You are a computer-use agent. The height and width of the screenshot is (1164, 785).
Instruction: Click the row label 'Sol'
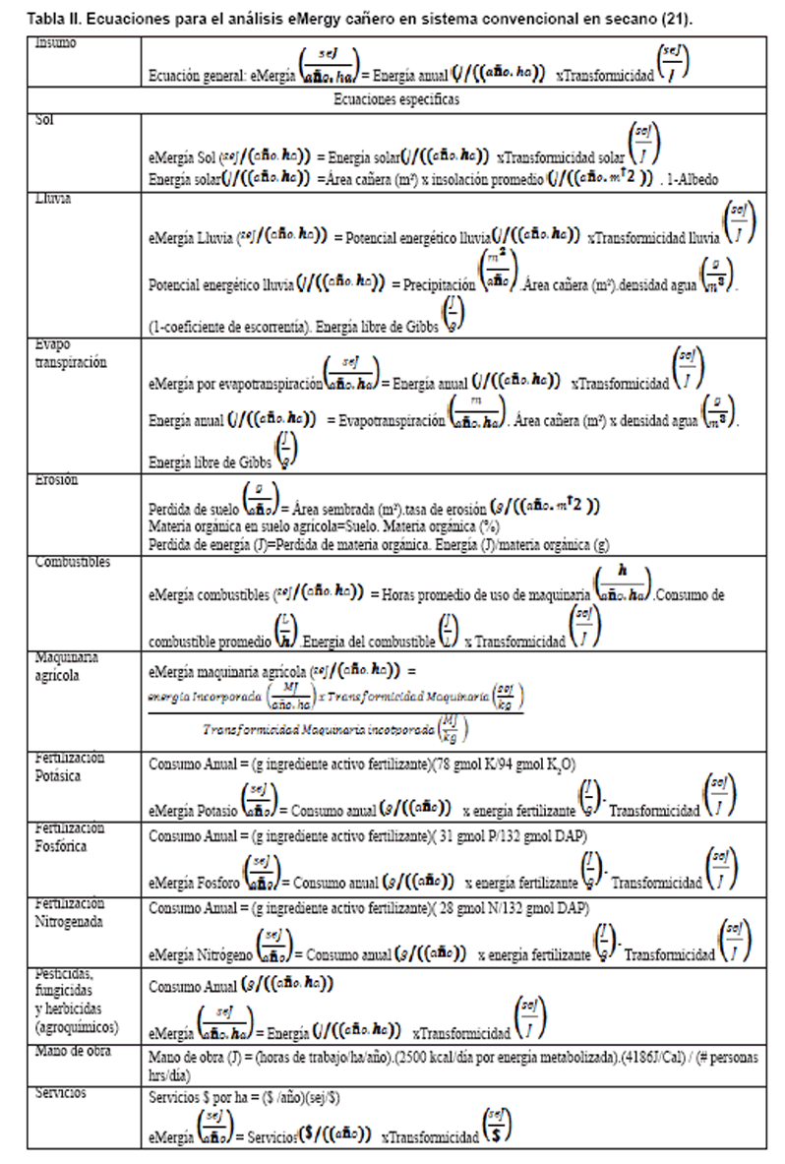pos(43,119)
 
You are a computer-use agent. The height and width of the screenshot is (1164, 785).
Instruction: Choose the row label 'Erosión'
pos(56,480)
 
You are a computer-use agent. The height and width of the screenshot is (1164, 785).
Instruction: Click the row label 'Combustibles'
pos(73,562)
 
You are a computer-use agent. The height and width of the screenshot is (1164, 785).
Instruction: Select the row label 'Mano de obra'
pos(72,1052)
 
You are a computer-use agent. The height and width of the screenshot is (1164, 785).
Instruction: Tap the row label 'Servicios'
pos(60,1092)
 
